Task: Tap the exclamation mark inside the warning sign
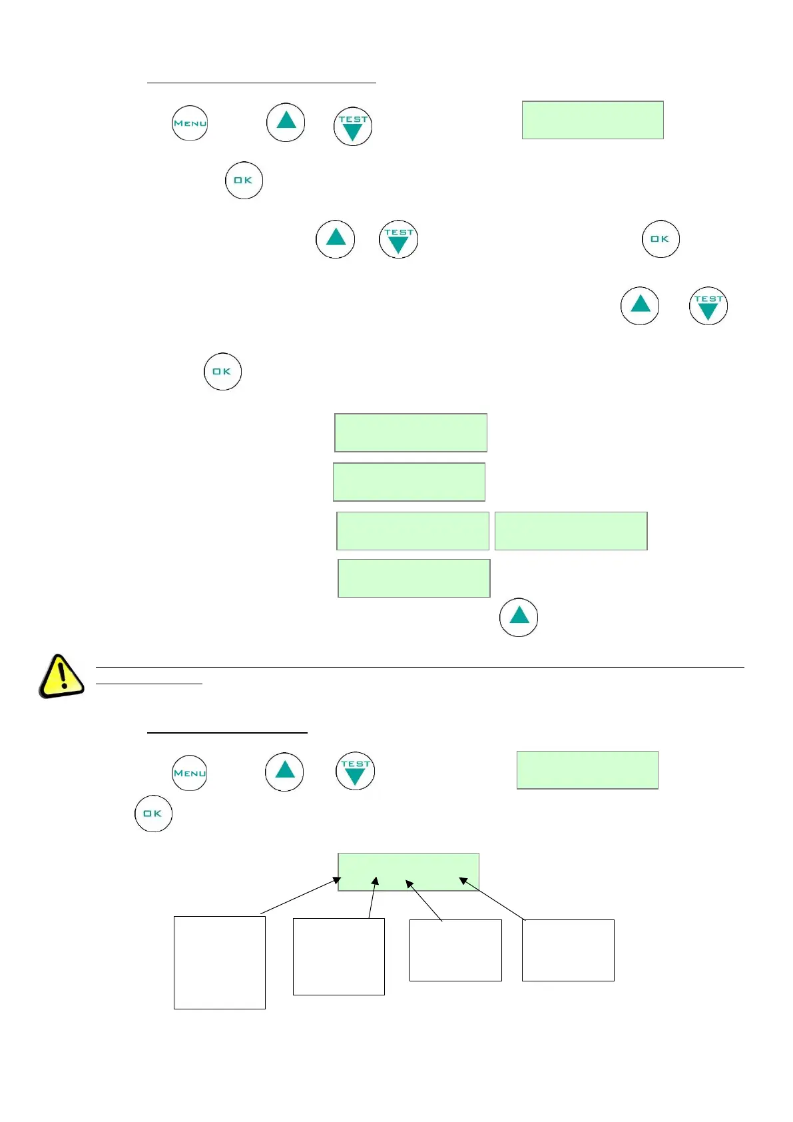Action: [63, 674]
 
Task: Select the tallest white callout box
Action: [219, 962]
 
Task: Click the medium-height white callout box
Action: [338, 956]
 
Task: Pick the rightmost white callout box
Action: [567, 950]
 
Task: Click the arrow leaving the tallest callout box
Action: [300, 896]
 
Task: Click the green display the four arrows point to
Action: [408, 871]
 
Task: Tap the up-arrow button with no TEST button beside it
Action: [519, 617]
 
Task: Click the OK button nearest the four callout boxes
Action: [153, 813]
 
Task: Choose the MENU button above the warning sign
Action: [190, 123]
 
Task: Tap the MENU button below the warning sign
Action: [190, 773]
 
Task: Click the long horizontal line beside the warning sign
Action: [419, 667]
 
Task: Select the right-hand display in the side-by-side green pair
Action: [571, 531]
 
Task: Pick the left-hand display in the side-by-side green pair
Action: [413, 531]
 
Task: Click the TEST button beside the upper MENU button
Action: [352, 127]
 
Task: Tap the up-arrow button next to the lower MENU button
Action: [284, 772]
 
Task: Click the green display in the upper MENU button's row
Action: [593, 120]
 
